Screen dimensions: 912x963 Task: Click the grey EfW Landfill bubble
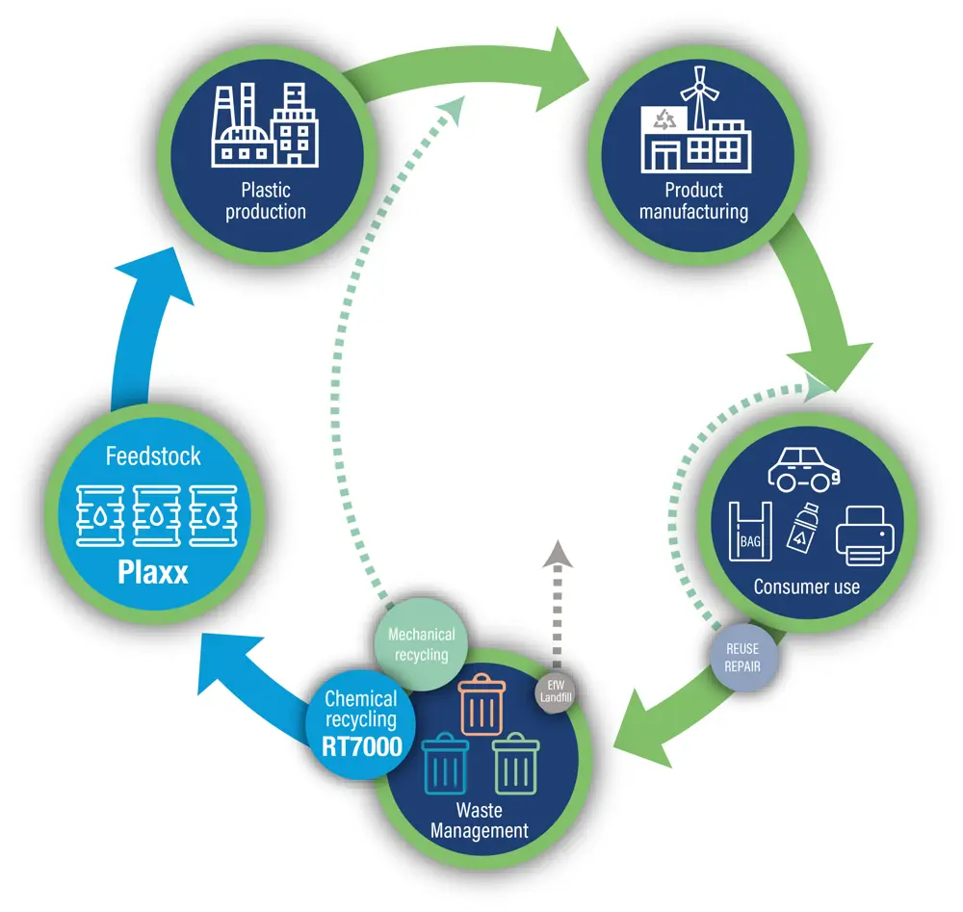556,691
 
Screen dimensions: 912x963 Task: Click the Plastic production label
266,200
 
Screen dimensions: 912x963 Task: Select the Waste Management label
479,821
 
